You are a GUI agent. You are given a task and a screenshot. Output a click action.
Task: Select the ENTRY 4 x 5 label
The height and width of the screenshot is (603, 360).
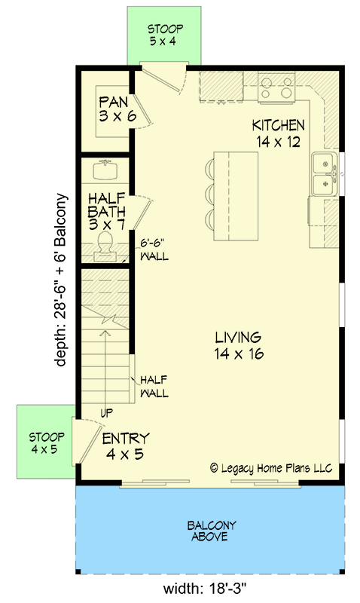pos(126,446)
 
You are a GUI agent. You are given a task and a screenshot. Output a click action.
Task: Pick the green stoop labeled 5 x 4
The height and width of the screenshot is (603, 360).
pos(166,35)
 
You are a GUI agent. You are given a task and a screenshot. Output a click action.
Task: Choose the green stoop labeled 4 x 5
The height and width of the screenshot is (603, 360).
pos(47,443)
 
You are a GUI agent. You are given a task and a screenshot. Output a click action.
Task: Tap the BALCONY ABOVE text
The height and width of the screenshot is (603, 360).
pos(209,531)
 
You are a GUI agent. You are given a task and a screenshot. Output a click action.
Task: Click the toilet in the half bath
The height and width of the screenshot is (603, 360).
pos(106,245)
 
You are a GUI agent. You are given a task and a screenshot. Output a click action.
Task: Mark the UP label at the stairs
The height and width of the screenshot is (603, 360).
pos(106,413)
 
